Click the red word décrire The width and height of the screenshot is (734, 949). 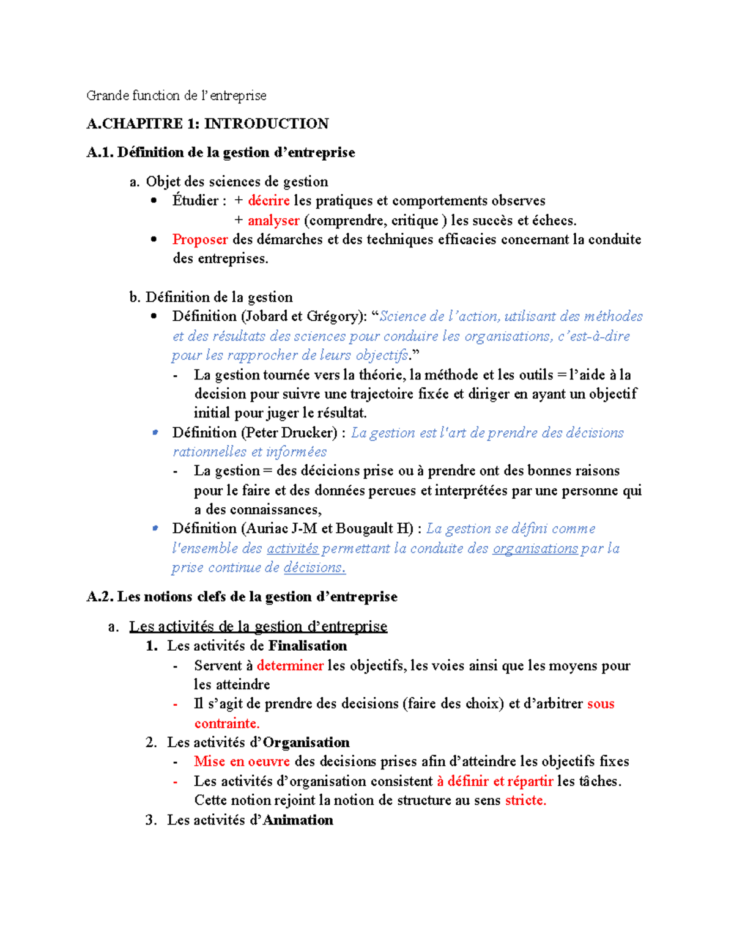point(269,201)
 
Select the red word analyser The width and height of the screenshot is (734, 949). point(273,221)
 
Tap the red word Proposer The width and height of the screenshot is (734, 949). point(200,240)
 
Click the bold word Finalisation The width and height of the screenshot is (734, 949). point(308,646)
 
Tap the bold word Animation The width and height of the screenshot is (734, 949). point(298,820)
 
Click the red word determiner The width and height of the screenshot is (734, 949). point(290,665)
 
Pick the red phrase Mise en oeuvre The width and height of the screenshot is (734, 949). point(242,761)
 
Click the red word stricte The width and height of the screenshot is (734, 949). point(525,801)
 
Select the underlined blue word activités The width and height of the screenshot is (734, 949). point(292,549)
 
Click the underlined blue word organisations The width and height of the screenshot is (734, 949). point(535,549)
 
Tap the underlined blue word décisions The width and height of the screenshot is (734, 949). point(314,568)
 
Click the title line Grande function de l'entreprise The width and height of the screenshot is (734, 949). point(176,95)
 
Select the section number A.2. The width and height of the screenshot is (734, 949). point(100,597)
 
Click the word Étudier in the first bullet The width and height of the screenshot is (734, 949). point(195,201)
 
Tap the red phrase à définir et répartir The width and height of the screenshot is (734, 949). point(495,781)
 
